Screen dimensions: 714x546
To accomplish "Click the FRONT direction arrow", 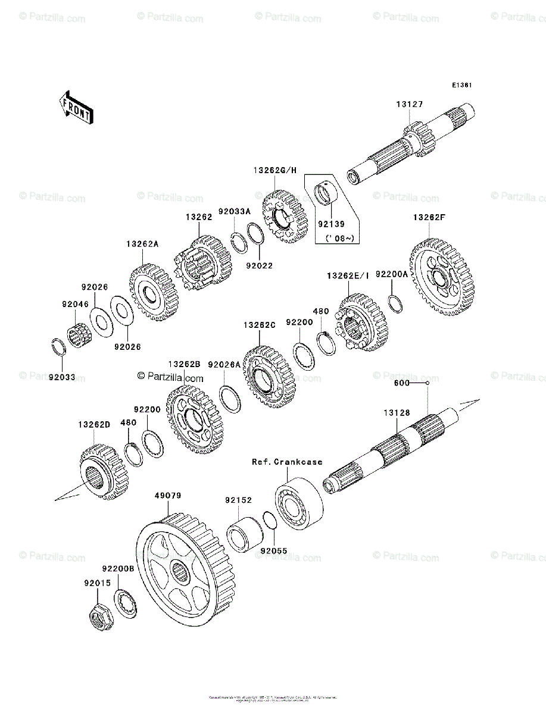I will click(76, 107).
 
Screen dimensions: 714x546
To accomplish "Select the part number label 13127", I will click(410, 105).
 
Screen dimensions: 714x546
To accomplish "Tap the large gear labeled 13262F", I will click(442, 277).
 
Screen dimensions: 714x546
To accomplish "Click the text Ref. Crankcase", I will click(287, 461).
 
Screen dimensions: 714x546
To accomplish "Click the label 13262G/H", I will click(274, 170).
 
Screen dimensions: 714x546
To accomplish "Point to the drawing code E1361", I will click(461, 86).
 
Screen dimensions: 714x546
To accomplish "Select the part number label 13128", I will click(395, 412).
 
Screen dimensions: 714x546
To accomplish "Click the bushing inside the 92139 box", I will click(326, 194).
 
